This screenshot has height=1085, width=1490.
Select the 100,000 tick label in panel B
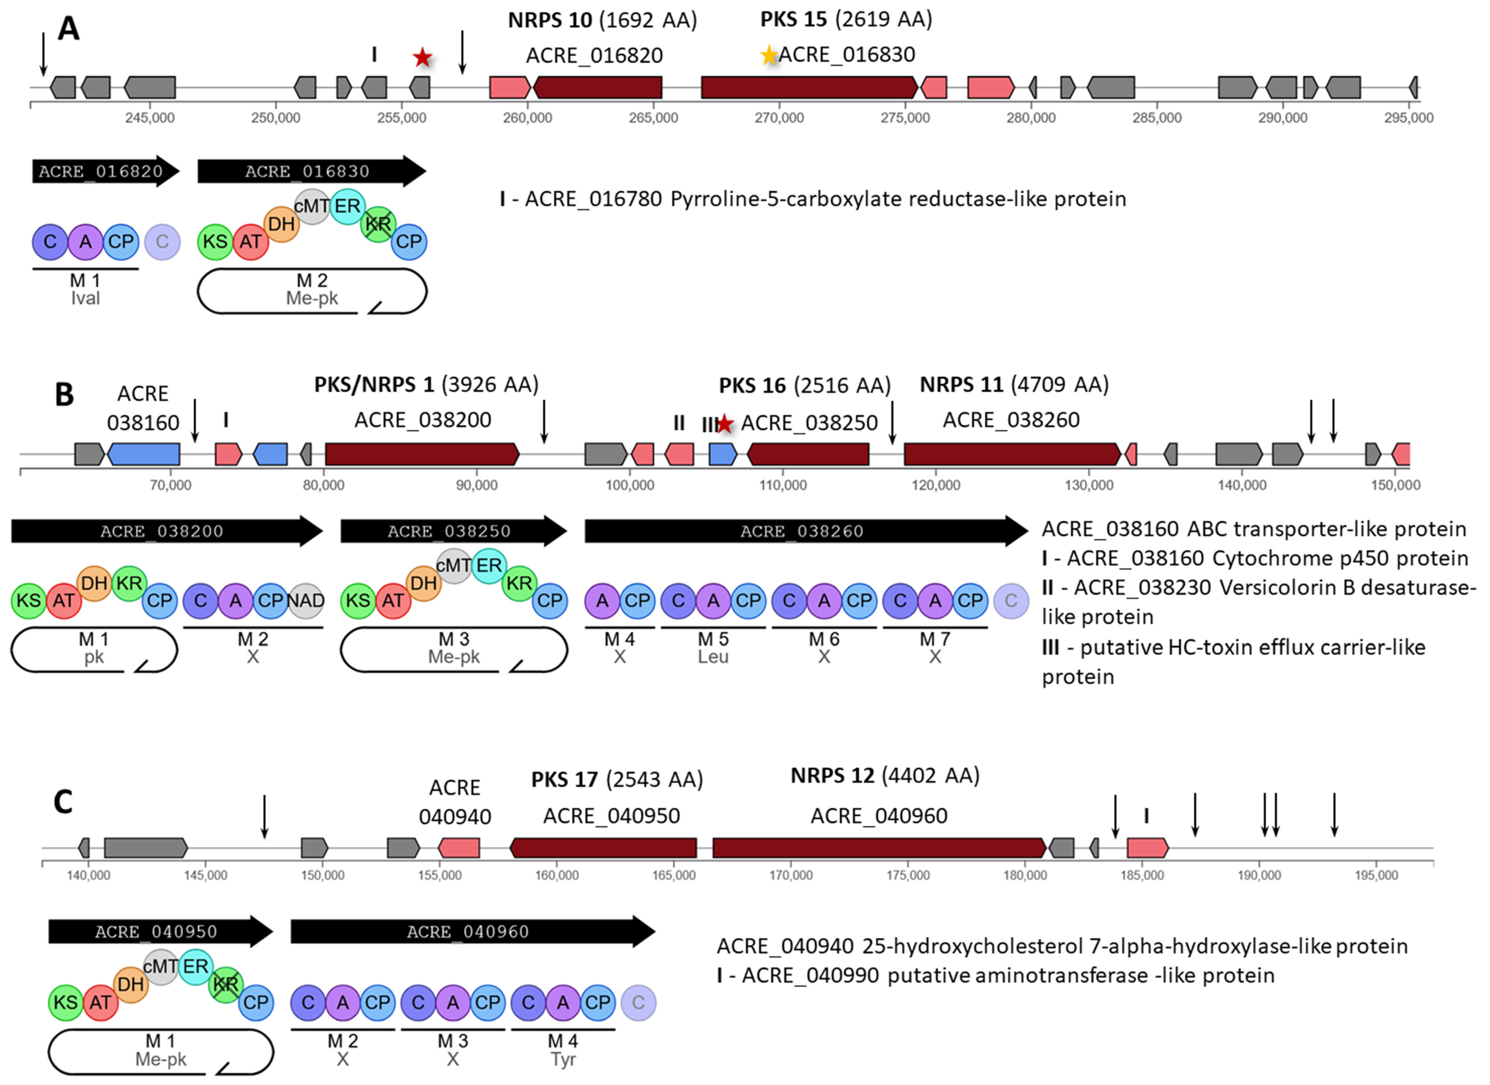[x=629, y=485]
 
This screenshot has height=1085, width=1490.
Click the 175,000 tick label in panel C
[x=908, y=876]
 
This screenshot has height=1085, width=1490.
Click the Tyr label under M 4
[x=563, y=1059]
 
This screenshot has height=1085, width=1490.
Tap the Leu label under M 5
[x=713, y=657]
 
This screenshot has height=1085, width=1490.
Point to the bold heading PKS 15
[x=793, y=20]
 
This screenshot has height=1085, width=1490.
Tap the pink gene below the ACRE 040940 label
[x=459, y=848]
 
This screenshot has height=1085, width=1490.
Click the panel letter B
[x=64, y=395]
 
